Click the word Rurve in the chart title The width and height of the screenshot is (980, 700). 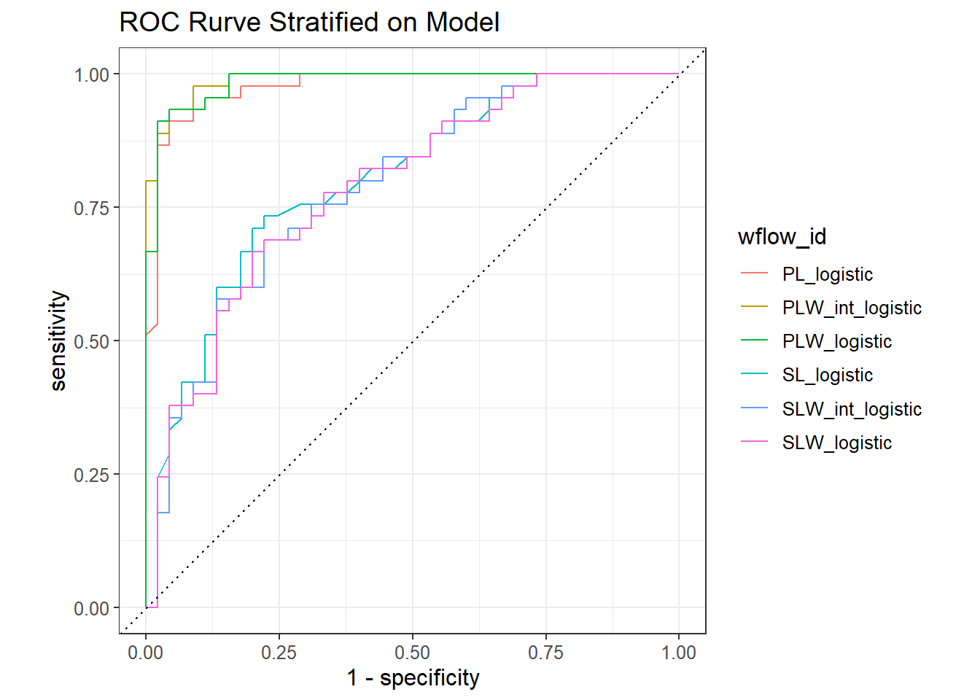click(x=225, y=23)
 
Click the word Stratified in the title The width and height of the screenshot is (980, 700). click(x=324, y=23)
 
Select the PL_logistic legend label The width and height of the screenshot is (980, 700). click(x=827, y=274)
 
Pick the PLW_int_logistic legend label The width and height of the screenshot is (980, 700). click(x=852, y=308)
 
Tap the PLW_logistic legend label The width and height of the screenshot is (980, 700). click(x=836, y=341)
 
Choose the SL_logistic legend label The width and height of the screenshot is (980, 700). click(x=827, y=375)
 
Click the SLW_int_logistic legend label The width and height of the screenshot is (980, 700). click(x=852, y=409)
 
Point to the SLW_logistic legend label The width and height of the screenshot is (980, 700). click(x=836, y=443)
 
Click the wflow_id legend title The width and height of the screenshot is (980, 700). click(x=782, y=237)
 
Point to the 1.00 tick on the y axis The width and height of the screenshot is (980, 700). click(x=91, y=74)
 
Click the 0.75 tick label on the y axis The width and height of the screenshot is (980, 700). click(x=91, y=208)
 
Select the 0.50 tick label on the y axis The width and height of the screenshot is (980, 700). click(x=91, y=341)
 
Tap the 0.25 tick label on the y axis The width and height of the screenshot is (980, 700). click(x=91, y=475)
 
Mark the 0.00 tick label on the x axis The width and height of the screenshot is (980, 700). click(x=146, y=653)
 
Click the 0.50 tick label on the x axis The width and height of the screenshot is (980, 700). click(x=412, y=653)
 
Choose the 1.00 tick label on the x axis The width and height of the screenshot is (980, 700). click(x=679, y=653)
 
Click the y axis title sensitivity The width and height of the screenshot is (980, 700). click(x=58, y=341)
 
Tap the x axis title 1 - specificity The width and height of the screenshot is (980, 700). click(x=413, y=678)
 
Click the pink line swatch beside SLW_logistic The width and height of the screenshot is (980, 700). click(x=754, y=443)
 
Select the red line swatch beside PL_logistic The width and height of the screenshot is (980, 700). click(x=754, y=274)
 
